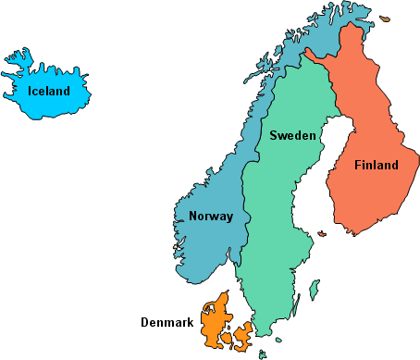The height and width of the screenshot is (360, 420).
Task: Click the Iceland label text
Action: [x=48, y=91]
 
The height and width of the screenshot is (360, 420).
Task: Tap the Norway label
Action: [x=211, y=217]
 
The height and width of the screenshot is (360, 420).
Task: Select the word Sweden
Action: [x=293, y=135]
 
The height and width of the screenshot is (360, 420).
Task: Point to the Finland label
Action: [x=376, y=166]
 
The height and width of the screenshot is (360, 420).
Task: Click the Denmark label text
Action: [x=167, y=323]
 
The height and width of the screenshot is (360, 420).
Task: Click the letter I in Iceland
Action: [x=30, y=91]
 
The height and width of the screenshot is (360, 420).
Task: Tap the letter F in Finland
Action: [x=358, y=166]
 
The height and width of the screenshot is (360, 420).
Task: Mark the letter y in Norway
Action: [x=229, y=218]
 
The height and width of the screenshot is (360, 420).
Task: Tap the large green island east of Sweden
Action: [x=315, y=290]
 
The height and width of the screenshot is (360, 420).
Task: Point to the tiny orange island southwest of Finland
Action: [x=320, y=234]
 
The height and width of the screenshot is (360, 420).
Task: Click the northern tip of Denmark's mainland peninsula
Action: [x=223, y=293]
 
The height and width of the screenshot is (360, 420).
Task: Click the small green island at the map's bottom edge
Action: [x=263, y=354]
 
